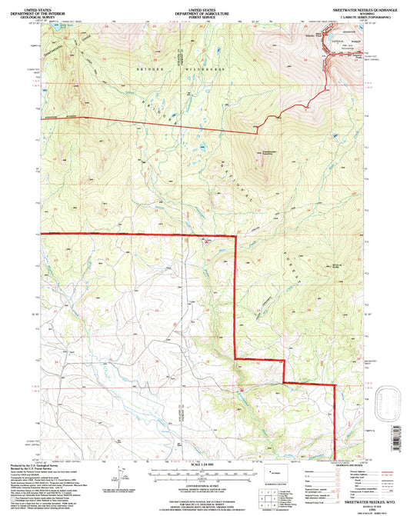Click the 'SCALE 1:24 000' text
pyautogui.click(x=204, y=462)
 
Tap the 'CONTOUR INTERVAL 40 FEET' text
pyautogui.click(x=205, y=485)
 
